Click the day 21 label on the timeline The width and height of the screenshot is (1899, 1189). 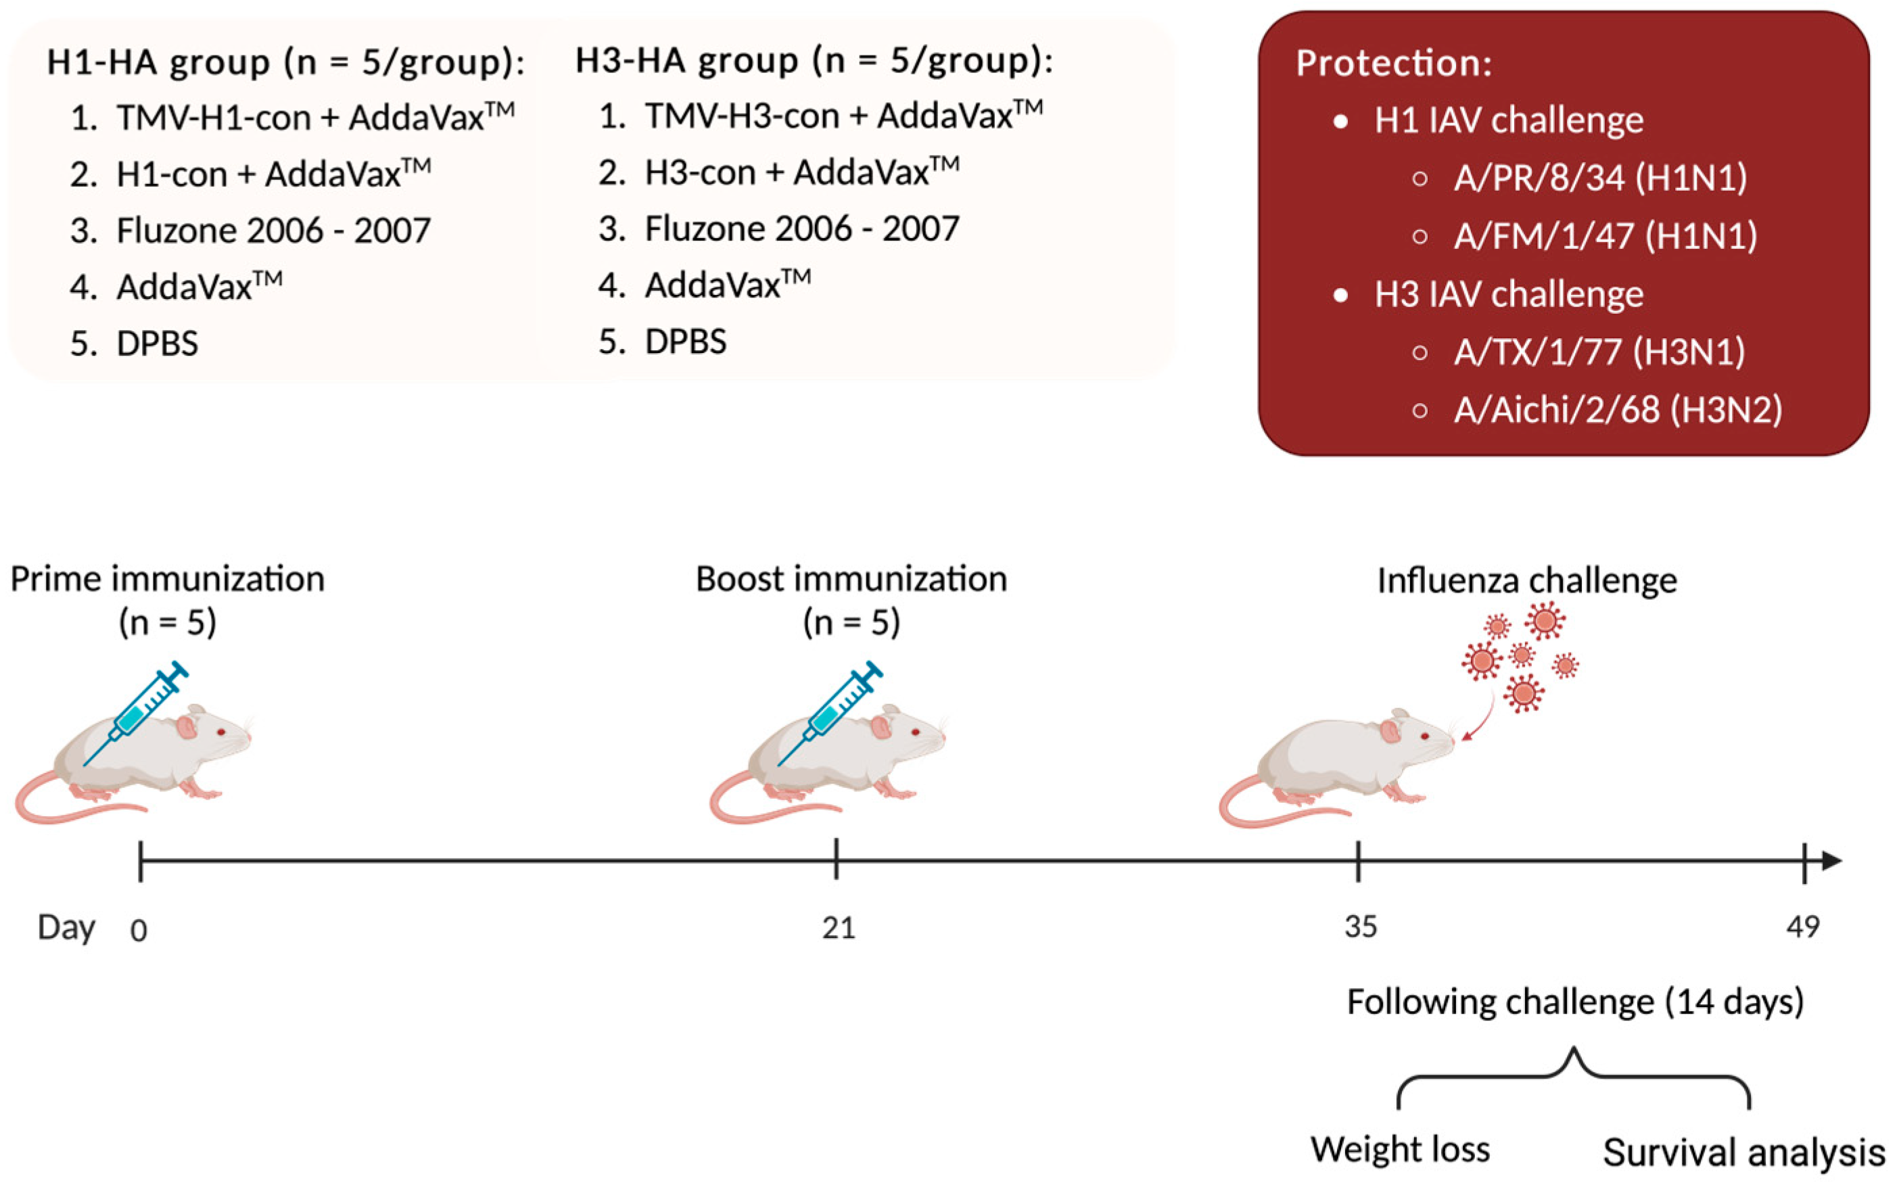click(838, 929)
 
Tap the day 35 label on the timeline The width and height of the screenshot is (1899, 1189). click(1361, 927)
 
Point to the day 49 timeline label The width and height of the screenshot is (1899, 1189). click(1803, 927)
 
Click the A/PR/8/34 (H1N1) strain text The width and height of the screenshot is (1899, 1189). click(1600, 178)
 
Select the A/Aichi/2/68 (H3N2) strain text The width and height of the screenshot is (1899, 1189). click(1618, 410)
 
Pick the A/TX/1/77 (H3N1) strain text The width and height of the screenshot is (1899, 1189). click(1599, 352)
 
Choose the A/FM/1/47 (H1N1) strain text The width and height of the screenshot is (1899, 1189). click(1605, 236)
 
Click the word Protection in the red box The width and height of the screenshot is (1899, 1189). click(1393, 63)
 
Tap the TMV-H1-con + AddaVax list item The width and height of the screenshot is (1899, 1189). click(314, 118)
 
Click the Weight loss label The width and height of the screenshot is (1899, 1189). click(1400, 1150)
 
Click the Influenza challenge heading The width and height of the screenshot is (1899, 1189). click(1527, 580)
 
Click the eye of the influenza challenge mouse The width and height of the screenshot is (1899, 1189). click(1426, 737)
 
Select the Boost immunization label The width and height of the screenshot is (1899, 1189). click(851, 580)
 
